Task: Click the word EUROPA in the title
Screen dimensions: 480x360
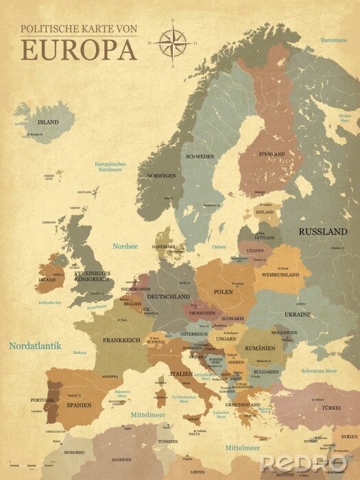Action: (x=78, y=49)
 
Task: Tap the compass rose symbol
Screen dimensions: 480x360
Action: (x=173, y=43)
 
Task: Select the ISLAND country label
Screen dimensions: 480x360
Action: (x=47, y=122)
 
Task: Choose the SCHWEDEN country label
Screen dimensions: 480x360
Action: (x=199, y=156)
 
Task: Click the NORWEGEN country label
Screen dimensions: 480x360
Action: (x=162, y=176)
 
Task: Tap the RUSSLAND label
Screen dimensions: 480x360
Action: (x=322, y=232)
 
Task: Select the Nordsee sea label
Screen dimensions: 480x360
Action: (x=125, y=245)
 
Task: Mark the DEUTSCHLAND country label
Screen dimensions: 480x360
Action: (x=168, y=296)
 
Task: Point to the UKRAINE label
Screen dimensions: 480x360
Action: (x=297, y=314)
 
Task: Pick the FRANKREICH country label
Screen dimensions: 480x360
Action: (x=121, y=340)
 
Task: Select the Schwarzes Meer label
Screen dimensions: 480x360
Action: (x=319, y=370)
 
